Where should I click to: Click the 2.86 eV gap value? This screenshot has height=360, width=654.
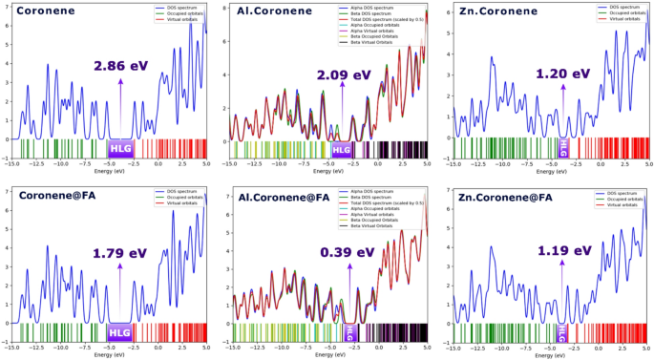121,67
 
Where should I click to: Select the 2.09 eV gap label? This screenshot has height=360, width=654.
343,75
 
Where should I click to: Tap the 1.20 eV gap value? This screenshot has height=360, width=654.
562,74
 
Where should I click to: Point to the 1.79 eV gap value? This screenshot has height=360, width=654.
121,253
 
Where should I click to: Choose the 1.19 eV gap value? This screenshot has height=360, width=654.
562,253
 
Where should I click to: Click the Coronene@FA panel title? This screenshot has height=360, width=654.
58,197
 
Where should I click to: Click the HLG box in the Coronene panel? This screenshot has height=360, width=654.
121,148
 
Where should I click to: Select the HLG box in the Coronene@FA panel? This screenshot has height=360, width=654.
121,332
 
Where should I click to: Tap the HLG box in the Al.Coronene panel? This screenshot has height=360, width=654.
342,149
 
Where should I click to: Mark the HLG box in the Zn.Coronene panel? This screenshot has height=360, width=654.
562,148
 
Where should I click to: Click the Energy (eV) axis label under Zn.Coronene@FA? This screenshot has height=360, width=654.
551,354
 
